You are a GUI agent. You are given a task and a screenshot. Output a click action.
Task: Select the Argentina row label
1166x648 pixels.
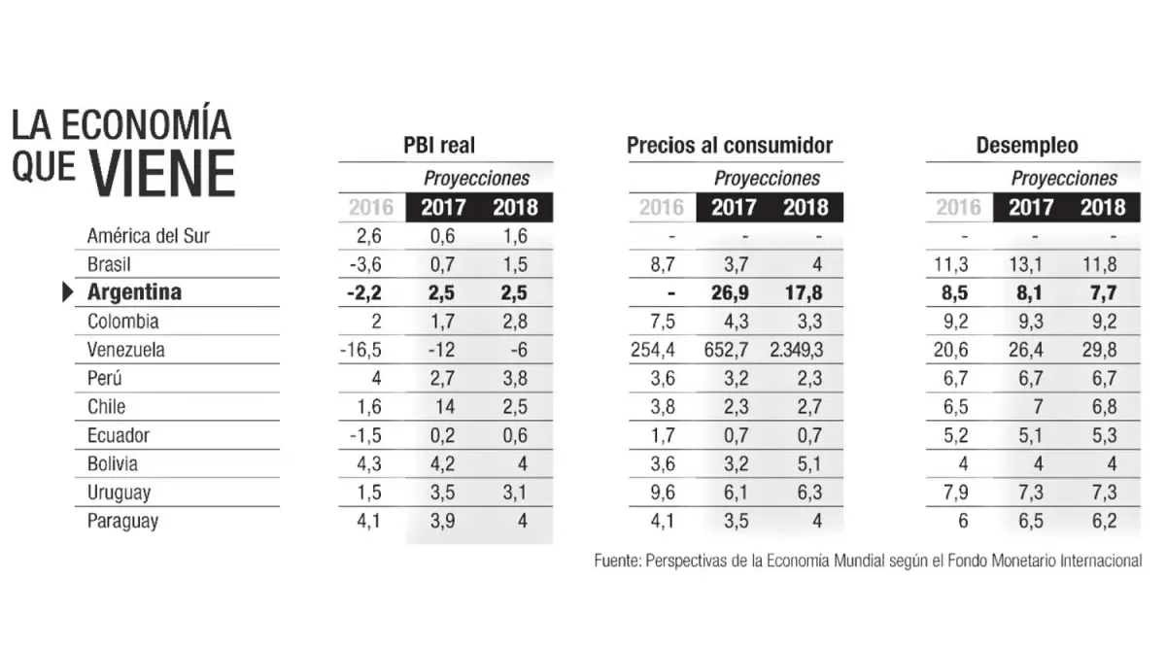pos(134,292)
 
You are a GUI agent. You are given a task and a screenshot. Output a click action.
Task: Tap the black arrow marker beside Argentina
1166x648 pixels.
pos(68,292)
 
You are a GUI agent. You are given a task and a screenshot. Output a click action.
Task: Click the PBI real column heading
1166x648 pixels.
pos(439,146)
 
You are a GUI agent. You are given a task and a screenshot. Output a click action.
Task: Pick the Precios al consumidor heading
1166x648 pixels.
pos(730,146)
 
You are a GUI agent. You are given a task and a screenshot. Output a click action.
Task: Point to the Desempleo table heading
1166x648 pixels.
pos(1027,146)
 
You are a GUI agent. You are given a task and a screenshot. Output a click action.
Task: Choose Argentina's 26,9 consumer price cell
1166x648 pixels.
pos(735,292)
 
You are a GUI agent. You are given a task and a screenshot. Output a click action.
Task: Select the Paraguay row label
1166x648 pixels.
pos(122,522)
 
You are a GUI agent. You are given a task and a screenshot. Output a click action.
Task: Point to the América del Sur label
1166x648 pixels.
pos(148,235)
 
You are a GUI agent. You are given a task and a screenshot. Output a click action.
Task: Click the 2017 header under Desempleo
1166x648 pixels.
pos(1031,207)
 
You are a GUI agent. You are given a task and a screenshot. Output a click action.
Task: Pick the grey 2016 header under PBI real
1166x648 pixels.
pos(371,207)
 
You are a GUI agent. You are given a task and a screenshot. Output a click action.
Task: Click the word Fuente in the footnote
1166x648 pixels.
pos(616,562)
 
